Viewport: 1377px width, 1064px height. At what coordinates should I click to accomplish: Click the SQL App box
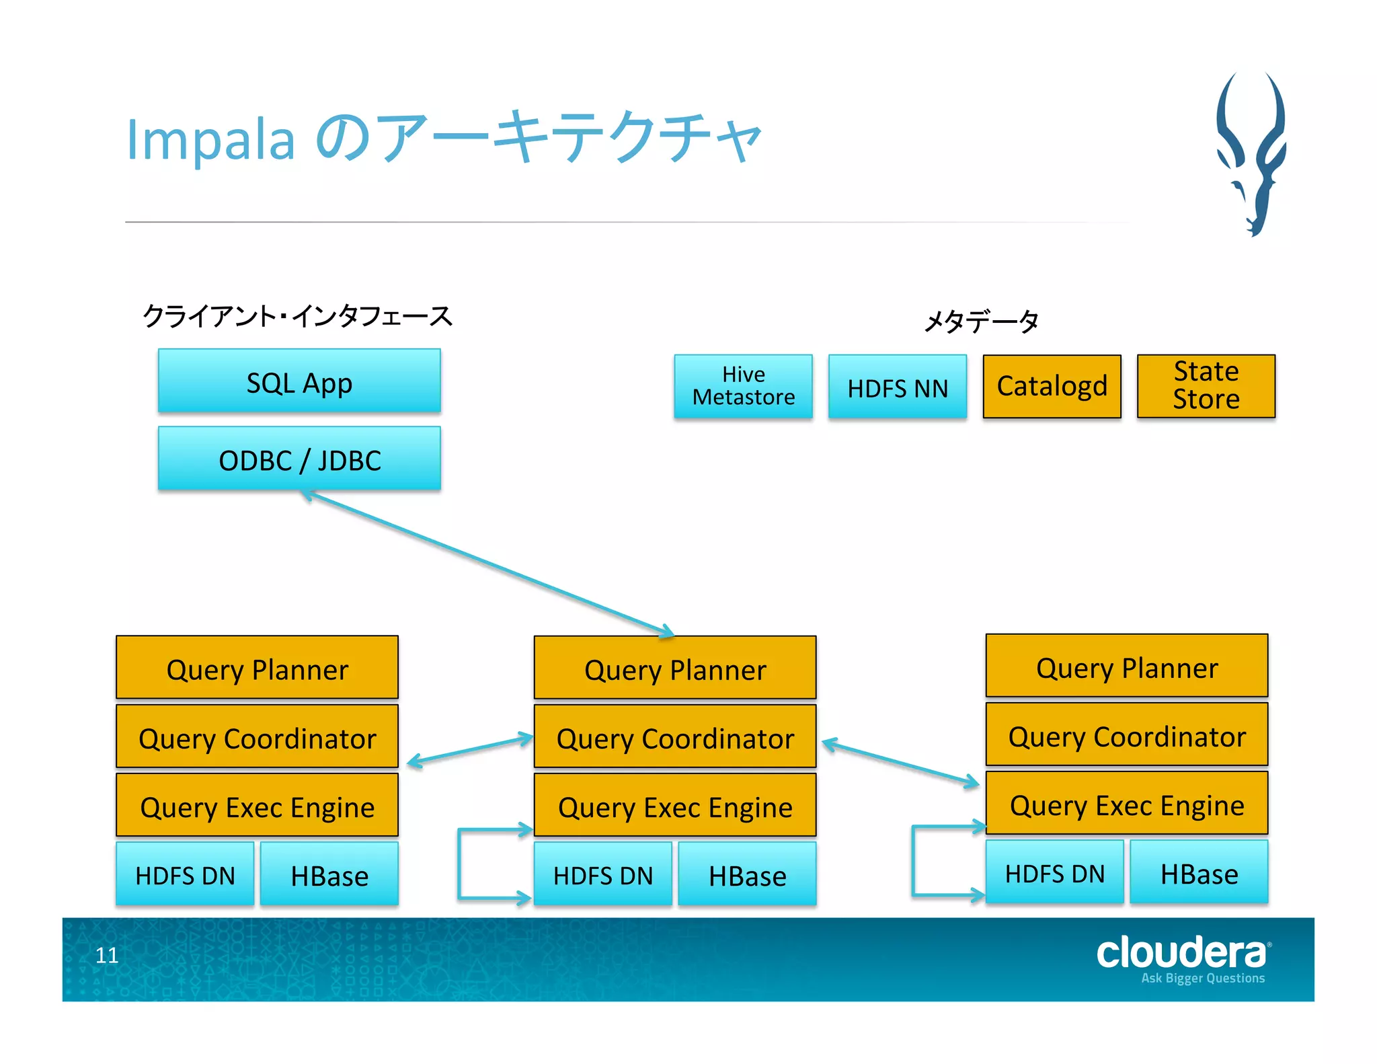coord(299,381)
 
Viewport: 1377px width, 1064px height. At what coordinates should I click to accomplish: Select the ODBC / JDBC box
coord(299,459)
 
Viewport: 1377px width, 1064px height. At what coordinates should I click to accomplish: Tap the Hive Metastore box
coord(743,386)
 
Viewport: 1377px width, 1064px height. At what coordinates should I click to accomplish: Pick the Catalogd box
coord(1052,386)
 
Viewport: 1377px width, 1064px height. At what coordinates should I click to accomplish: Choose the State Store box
coord(1206,385)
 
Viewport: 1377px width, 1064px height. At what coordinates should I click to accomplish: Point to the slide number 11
coord(107,955)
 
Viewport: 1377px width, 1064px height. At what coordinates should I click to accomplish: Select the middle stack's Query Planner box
coord(674,669)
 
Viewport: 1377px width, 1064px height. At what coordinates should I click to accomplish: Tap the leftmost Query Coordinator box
coord(257,738)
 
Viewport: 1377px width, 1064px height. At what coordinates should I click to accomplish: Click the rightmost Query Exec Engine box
coord(1126,804)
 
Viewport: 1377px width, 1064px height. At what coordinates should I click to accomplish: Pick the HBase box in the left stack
coord(329,875)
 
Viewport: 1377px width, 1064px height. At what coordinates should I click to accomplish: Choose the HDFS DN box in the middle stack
coord(602,875)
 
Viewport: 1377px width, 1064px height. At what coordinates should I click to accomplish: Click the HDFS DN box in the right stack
coord(1054,873)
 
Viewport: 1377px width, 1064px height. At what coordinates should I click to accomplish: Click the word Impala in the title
coord(210,140)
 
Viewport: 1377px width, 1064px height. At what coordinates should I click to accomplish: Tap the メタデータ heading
coord(981,321)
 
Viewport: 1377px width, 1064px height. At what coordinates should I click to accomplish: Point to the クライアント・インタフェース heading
coord(297,315)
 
